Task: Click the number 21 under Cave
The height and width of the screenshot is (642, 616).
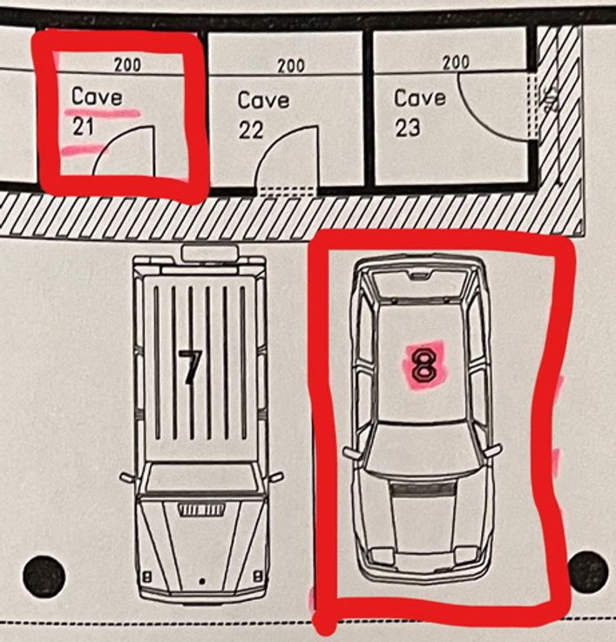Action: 84,126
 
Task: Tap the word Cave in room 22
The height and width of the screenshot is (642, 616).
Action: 263,100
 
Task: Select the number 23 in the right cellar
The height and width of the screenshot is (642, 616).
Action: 408,127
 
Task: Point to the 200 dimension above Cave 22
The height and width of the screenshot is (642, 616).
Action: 291,65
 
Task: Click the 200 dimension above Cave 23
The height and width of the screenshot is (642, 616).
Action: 456,63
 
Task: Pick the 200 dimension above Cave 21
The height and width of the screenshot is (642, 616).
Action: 127,65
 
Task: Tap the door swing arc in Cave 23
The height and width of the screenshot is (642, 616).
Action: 478,119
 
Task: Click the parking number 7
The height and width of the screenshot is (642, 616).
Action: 190,367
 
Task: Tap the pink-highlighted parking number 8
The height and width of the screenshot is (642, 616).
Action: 424,365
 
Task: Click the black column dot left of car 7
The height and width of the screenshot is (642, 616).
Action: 44,575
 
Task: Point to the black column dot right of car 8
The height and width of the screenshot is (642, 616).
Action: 588,571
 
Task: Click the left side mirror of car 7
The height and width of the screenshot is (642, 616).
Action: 127,477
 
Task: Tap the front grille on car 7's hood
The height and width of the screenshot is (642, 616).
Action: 201,509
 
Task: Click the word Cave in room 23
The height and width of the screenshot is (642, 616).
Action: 420,99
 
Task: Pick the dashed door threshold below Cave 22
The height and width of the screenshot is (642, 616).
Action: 288,191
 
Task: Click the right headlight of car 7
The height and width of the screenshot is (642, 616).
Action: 258,577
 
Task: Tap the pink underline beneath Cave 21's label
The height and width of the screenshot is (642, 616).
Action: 102,113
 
